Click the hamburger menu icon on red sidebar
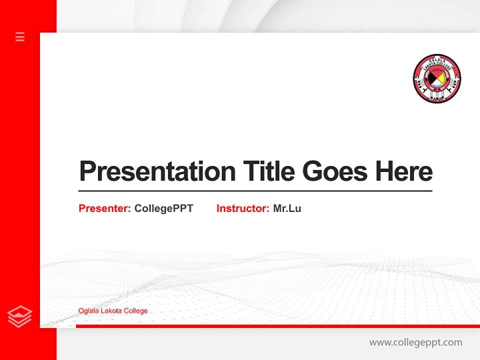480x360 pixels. (20, 36)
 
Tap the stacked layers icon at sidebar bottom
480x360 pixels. (20, 316)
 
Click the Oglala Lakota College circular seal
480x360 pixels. (437, 79)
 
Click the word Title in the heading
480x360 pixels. (269, 171)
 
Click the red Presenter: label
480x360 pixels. (104, 208)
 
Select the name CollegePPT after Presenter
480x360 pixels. (163, 208)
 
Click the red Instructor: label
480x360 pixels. (242, 208)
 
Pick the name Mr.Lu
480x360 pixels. (287, 208)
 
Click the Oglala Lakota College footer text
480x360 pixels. (113, 311)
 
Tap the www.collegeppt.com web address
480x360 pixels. (415, 342)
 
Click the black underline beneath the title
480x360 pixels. (255, 191)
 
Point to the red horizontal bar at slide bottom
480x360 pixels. (277, 326)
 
